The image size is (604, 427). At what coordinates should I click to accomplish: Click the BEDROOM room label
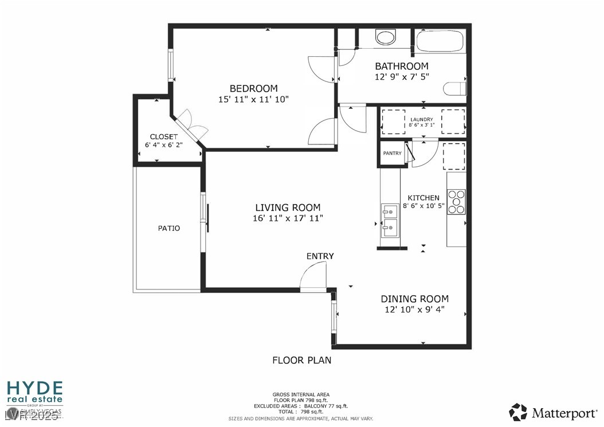pyautogui.click(x=253, y=88)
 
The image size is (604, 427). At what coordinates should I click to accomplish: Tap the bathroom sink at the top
pyautogui.click(x=385, y=37)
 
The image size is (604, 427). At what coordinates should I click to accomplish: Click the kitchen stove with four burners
pyautogui.click(x=456, y=202)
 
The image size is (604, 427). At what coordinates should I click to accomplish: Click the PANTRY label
pyautogui.click(x=393, y=153)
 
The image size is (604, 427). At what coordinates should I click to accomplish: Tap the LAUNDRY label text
pyautogui.click(x=421, y=119)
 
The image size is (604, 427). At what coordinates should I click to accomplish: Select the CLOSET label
pyautogui.click(x=164, y=136)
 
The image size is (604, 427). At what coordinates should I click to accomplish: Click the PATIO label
pyautogui.click(x=169, y=228)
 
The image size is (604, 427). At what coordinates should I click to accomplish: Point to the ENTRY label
pyautogui.click(x=320, y=256)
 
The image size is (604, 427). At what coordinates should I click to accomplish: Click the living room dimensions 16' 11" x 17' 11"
pyautogui.click(x=288, y=218)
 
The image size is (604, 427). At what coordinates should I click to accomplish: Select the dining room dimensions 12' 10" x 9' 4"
pyautogui.click(x=415, y=310)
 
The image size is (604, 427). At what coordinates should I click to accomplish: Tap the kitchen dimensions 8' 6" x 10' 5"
pyautogui.click(x=423, y=205)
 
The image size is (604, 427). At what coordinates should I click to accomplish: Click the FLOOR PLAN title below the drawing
pyautogui.click(x=301, y=361)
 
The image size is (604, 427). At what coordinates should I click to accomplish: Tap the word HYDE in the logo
pyautogui.click(x=34, y=387)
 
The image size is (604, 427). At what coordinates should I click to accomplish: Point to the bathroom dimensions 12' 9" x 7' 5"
pyautogui.click(x=401, y=76)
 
